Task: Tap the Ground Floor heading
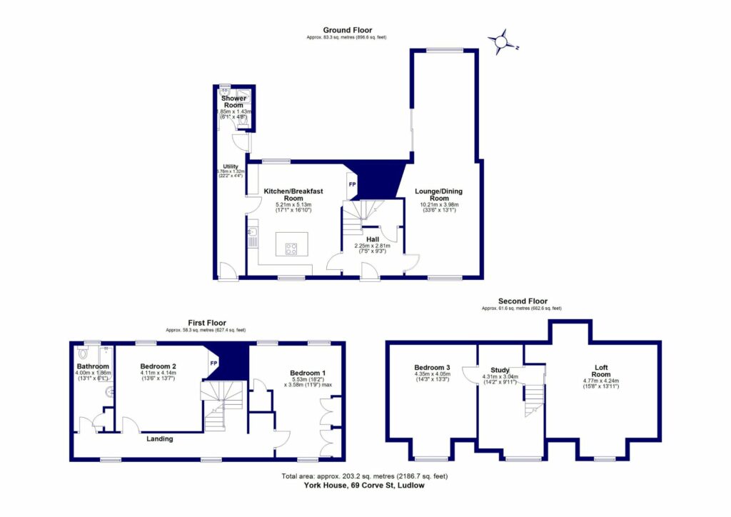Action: [x=346, y=30]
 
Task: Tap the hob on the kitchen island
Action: [x=292, y=249]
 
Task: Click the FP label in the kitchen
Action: [x=351, y=185]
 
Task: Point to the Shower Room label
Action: [x=234, y=101]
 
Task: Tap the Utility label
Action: [x=230, y=166]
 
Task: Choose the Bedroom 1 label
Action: [x=308, y=373]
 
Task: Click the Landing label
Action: [x=159, y=438]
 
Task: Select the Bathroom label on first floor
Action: [x=93, y=367]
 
